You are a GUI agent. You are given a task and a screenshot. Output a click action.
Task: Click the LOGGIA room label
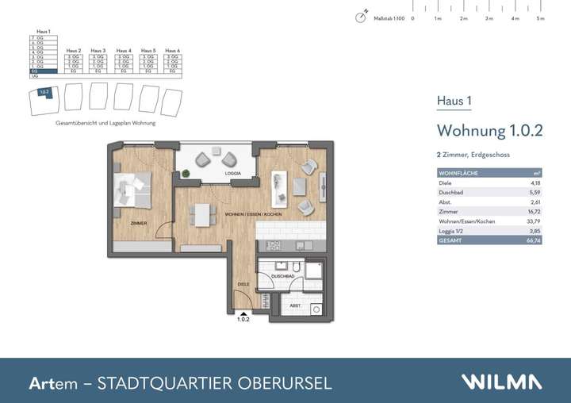[232, 173]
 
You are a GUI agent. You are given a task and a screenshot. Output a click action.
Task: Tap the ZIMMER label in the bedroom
[139, 223]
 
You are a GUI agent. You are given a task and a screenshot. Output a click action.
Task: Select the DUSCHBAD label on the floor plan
[283, 275]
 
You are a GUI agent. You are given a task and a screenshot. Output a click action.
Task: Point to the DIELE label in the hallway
[243, 283]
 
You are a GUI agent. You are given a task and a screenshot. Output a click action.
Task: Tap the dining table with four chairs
[201, 214]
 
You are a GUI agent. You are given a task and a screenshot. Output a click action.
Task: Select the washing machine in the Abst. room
[316, 308]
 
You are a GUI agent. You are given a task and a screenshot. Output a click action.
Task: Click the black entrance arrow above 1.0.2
[243, 313]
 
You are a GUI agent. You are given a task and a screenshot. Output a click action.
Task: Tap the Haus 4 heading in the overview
[124, 50]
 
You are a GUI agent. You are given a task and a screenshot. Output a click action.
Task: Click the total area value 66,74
[535, 239]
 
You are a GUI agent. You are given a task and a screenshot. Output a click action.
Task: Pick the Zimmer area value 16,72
[535, 213]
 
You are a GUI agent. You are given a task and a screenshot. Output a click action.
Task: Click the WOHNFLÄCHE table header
[457, 173]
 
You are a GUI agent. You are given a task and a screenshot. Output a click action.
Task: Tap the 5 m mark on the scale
[540, 17]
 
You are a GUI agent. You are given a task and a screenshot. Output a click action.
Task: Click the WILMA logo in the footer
[503, 382]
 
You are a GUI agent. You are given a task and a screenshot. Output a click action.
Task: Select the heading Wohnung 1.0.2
[489, 131]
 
